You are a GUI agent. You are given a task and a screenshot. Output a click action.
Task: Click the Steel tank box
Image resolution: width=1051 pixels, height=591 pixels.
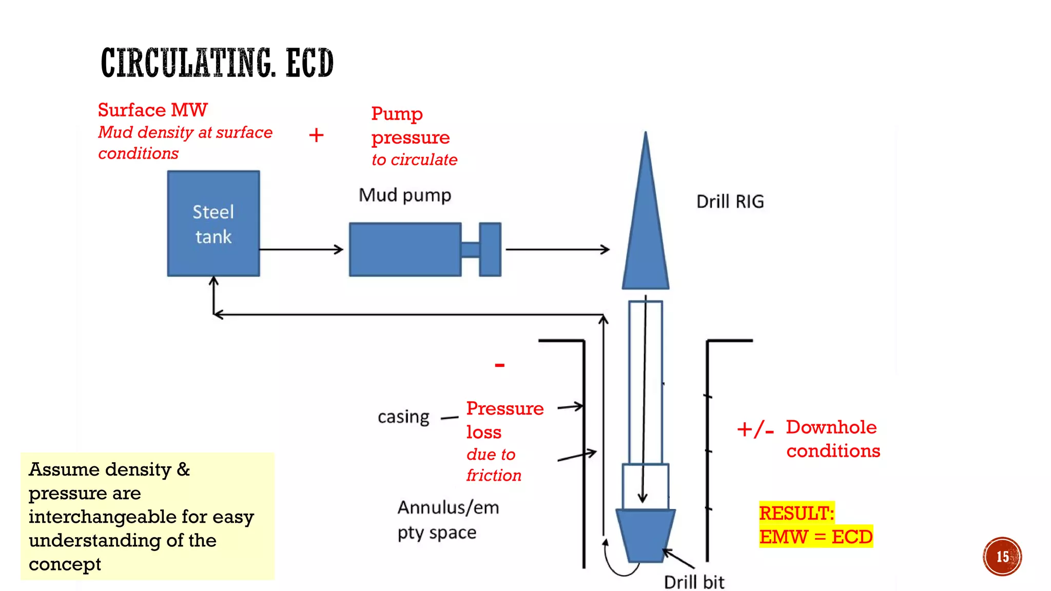[x=213, y=224]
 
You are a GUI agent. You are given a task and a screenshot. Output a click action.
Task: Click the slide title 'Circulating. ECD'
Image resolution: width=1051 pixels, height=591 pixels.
[x=217, y=63]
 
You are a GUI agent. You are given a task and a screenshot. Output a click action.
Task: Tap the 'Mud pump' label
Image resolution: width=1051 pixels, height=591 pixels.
[x=405, y=195]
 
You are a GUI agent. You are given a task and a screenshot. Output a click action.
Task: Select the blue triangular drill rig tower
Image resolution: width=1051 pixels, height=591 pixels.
[x=646, y=231]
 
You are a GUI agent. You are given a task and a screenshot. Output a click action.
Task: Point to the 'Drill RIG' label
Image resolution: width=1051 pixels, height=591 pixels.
[x=730, y=202]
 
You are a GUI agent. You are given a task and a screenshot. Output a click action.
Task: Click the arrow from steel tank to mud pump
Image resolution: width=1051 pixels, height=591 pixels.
[x=301, y=250]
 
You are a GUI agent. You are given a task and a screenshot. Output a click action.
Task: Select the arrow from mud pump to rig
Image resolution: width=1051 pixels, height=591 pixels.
[x=557, y=250]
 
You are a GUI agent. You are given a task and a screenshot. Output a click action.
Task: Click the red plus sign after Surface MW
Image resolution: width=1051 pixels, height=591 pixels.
[x=316, y=135]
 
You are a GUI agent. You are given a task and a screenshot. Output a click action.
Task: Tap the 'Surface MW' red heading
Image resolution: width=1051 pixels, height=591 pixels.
[x=152, y=110]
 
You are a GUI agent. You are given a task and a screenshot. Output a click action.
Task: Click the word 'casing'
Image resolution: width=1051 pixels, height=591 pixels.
[x=403, y=417]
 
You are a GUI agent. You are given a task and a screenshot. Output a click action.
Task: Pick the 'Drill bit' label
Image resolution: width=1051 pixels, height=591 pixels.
[x=694, y=582]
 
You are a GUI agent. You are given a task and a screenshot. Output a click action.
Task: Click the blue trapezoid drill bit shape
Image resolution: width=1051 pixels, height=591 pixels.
[x=646, y=535]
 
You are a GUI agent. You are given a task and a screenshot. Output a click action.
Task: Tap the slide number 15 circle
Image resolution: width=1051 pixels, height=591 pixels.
[x=1002, y=557]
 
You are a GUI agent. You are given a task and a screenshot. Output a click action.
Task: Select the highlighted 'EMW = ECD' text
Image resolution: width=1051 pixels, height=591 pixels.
[x=815, y=537]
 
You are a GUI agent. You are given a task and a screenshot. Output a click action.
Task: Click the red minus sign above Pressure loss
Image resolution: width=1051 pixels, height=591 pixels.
[x=500, y=365]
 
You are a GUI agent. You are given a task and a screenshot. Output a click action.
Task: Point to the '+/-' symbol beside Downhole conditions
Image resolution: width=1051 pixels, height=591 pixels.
[x=755, y=429]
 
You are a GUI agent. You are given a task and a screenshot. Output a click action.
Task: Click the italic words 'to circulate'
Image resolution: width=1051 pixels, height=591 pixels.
[x=414, y=160]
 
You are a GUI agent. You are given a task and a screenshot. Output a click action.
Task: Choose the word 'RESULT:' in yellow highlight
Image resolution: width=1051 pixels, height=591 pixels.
[x=796, y=513]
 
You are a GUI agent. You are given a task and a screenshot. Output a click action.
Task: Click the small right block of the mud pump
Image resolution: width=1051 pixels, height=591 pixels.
[x=490, y=249]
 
